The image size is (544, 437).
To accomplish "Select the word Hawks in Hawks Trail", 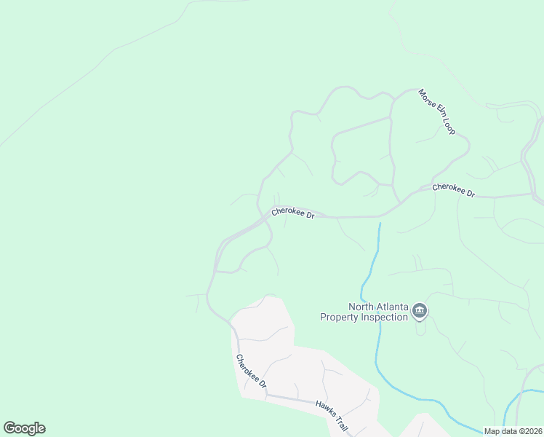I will point(324,406).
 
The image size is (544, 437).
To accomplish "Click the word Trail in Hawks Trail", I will point(341,422).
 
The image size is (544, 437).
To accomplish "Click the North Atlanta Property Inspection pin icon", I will point(420,312).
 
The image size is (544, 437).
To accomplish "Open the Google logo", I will point(24,428).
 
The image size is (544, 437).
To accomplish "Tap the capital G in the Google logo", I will point(9,428).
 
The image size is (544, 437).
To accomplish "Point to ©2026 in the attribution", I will point(530,431).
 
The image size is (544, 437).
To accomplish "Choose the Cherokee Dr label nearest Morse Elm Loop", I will point(453,190).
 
